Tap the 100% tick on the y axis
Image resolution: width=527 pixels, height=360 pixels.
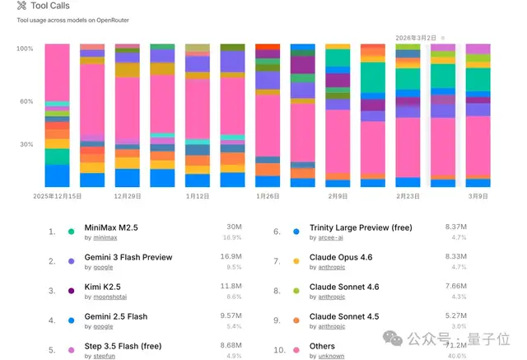(x=25, y=49)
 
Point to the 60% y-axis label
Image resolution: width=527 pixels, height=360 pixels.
(x=26, y=102)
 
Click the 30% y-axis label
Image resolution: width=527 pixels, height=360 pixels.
(x=26, y=145)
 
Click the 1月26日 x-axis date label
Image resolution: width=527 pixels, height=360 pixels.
(x=268, y=197)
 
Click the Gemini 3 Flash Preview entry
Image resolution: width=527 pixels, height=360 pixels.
(x=128, y=258)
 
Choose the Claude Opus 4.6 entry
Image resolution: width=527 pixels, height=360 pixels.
(x=341, y=258)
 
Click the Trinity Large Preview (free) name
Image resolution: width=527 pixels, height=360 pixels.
(x=361, y=228)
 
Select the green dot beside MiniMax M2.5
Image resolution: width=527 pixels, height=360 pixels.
(x=72, y=231)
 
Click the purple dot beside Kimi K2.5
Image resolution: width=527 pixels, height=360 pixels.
(x=72, y=291)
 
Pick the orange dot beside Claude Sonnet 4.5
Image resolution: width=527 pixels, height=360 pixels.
(x=296, y=320)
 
